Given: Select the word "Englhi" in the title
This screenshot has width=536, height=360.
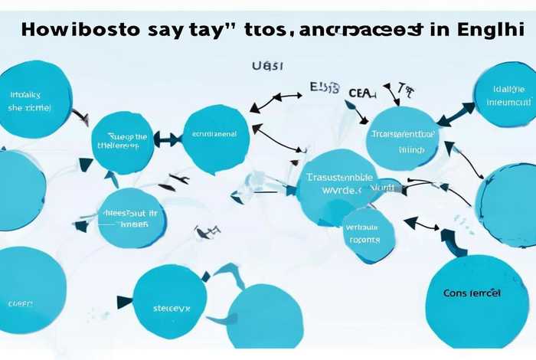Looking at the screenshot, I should pyautogui.click(x=486, y=31).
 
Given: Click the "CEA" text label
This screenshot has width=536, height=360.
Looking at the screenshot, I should pyautogui.click(x=362, y=93).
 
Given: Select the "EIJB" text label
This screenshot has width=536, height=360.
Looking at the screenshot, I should pyautogui.click(x=324, y=88).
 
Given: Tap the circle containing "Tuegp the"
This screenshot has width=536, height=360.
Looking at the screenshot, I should pyautogui.click(x=122, y=142).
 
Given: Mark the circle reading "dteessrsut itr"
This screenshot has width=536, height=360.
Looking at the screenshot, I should pyautogui.click(x=132, y=217).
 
